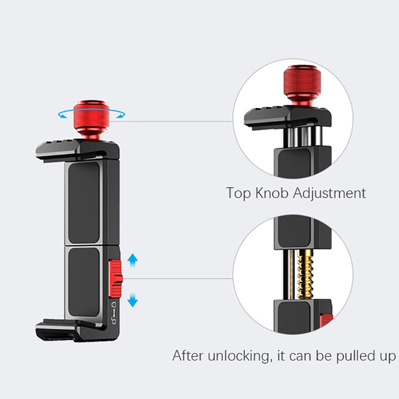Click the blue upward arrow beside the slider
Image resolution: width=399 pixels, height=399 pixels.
click(x=132, y=260)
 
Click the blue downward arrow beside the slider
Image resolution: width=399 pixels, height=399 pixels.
click(x=132, y=300)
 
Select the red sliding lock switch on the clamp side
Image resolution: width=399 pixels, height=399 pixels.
click(x=115, y=279)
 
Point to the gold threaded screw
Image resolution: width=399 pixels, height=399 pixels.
click(x=305, y=275)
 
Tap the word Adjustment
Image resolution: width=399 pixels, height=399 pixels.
click(x=329, y=194)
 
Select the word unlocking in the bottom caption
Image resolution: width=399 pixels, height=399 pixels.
click(x=238, y=356)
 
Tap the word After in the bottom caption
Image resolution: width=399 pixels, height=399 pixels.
click(x=188, y=355)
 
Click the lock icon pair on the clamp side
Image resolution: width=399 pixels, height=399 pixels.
click(x=114, y=313)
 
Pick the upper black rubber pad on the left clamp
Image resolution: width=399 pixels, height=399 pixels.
click(x=84, y=203)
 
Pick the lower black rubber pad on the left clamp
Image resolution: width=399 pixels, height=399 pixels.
click(x=84, y=282)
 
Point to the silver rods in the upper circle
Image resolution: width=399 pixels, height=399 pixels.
click(x=302, y=137)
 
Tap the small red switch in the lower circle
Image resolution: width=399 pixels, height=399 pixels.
click(x=327, y=321)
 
